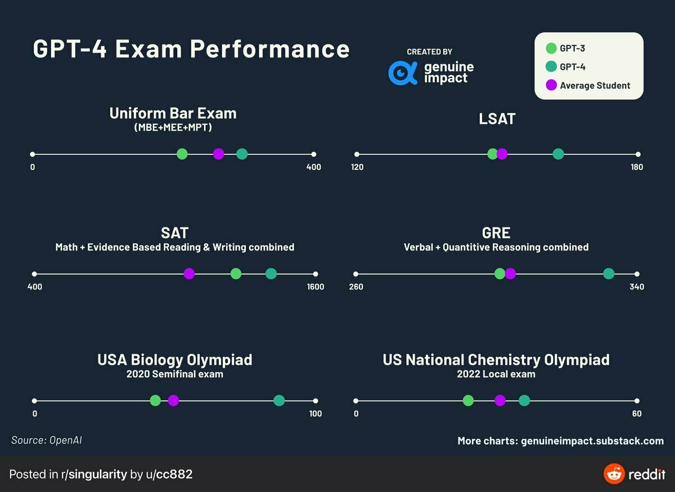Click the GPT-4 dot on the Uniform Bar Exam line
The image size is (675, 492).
242,154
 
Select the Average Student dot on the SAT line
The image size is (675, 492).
189,274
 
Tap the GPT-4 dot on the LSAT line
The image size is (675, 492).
558,154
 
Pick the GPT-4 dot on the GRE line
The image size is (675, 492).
609,274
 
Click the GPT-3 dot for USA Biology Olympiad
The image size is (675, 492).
155,400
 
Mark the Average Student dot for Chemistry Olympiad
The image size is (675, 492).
499,400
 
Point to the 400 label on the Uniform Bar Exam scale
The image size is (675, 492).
313,167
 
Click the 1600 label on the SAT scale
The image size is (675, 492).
316,287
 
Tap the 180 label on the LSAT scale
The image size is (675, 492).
637,167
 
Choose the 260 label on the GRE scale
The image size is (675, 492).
356,287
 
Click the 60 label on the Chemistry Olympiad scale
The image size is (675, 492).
637,414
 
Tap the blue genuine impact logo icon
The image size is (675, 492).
403,73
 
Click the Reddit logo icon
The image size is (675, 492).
614,474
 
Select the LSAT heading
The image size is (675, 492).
497,119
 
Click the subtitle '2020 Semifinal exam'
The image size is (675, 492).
174,374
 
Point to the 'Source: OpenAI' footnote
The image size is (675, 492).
47,440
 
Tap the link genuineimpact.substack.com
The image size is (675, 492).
592,441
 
